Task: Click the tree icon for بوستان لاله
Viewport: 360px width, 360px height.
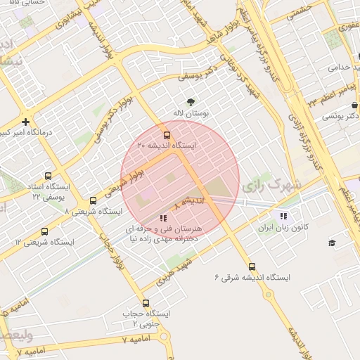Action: [189, 102]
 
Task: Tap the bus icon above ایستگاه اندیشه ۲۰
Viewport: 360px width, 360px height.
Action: [167, 134]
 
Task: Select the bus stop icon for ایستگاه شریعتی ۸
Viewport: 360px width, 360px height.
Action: [93, 200]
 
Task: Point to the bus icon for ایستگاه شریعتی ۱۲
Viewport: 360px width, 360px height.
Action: [45, 231]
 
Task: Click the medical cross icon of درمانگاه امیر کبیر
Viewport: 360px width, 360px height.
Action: [26, 122]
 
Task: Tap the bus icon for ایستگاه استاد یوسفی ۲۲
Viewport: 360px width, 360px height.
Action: [48, 176]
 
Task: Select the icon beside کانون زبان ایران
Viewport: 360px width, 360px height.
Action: [283, 217]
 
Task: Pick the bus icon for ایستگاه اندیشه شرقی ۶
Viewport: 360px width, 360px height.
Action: [252, 266]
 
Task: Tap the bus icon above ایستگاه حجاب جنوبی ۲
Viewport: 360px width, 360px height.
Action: [146, 303]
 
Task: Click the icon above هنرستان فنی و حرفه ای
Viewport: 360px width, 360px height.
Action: [163, 218]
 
